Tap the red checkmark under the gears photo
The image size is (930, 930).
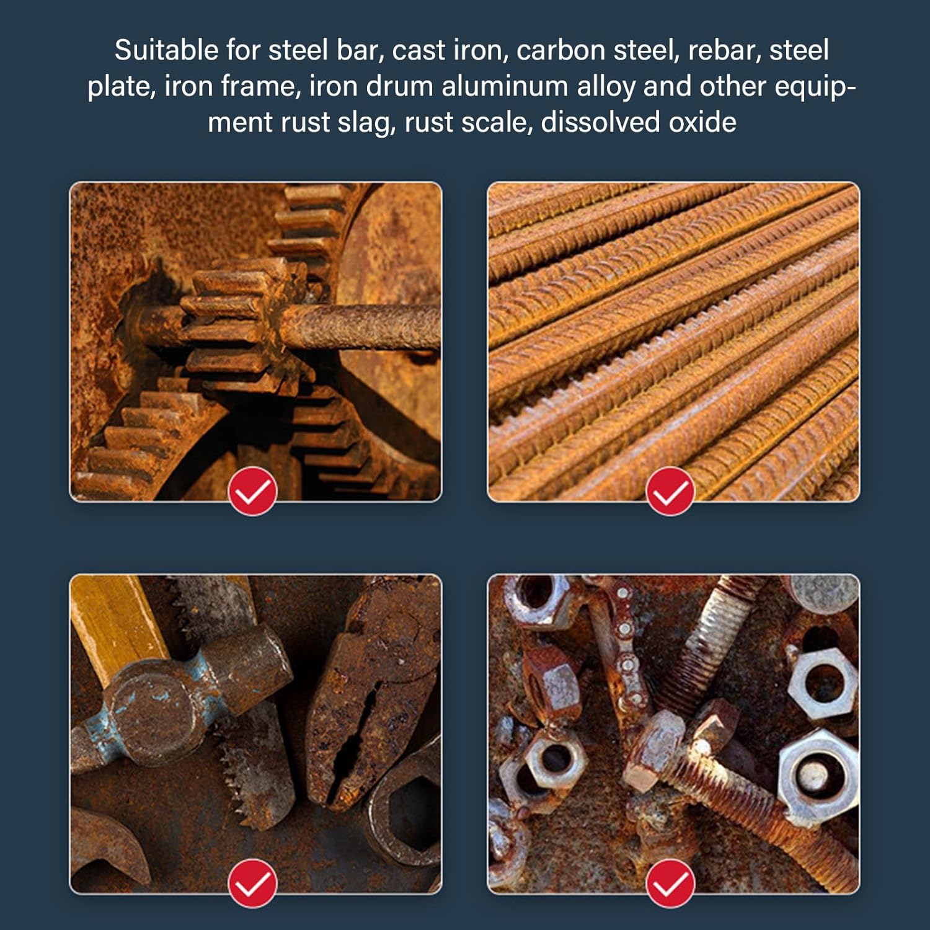pos(252,492)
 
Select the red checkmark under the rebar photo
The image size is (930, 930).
pos(670,492)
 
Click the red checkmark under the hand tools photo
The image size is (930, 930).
pos(252,883)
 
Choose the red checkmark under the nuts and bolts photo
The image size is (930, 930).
pos(670,883)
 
